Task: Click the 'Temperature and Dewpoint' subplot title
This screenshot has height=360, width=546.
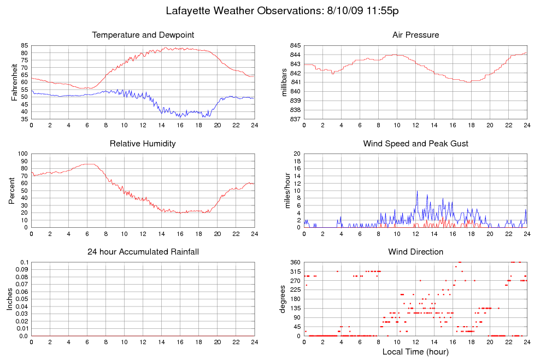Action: pos(143,35)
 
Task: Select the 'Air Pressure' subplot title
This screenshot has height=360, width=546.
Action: pos(415,35)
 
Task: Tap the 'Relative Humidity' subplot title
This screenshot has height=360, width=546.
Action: pos(143,144)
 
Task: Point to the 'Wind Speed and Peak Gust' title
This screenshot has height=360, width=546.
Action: pos(415,144)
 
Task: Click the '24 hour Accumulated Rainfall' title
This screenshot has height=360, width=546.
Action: pos(143,252)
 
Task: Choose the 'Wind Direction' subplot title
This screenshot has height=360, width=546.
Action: pos(415,252)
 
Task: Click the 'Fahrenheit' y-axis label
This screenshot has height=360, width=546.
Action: pos(15,82)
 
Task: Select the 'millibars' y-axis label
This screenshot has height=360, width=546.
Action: pos(284,82)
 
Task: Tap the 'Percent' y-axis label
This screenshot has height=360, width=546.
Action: pos(11,190)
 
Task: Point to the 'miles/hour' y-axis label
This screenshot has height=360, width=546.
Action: pos(284,190)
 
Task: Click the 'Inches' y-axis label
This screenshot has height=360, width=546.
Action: pos(9,299)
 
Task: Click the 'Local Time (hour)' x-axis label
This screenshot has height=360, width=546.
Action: pos(415,352)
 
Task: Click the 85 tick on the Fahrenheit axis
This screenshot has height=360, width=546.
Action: pos(24,45)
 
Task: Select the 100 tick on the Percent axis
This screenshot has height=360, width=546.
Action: pos(22,154)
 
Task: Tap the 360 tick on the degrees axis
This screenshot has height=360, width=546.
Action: pos(295,262)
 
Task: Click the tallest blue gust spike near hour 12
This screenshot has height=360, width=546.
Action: pos(417,192)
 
